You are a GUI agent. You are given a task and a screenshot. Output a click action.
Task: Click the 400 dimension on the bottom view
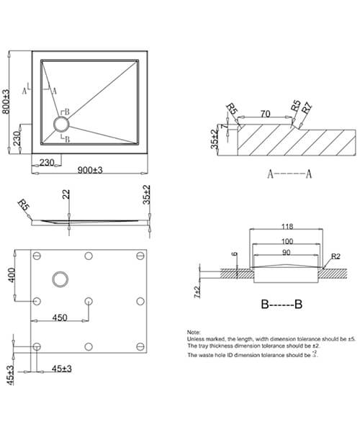12,274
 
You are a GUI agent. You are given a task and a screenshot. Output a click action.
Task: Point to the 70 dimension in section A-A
265,113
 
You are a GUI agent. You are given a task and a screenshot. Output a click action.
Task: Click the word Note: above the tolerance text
195,333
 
